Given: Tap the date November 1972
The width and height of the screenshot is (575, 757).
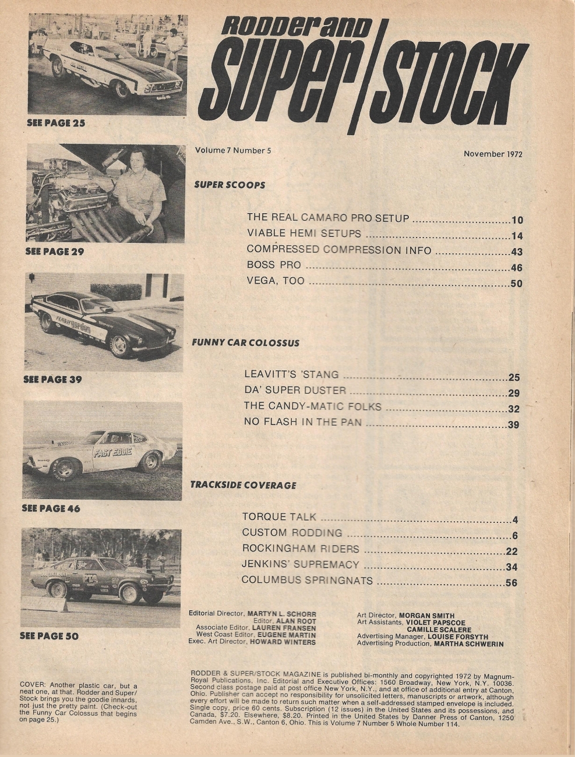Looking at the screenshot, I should [493, 154].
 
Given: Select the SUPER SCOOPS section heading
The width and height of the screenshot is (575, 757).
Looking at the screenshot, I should [229, 185].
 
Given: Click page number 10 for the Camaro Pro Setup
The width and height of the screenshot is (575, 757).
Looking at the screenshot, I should [517, 220].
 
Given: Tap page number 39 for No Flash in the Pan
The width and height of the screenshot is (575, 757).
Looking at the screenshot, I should [513, 425].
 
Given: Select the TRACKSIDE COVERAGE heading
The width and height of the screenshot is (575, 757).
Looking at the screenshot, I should [243, 484].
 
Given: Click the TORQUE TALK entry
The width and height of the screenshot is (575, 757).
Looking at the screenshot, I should [279, 517].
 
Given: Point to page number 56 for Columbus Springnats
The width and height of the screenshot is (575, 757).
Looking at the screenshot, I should [511, 582].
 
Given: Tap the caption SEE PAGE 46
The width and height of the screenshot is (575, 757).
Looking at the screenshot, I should [51, 508].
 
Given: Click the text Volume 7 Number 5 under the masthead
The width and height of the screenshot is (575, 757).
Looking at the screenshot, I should [234, 150].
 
